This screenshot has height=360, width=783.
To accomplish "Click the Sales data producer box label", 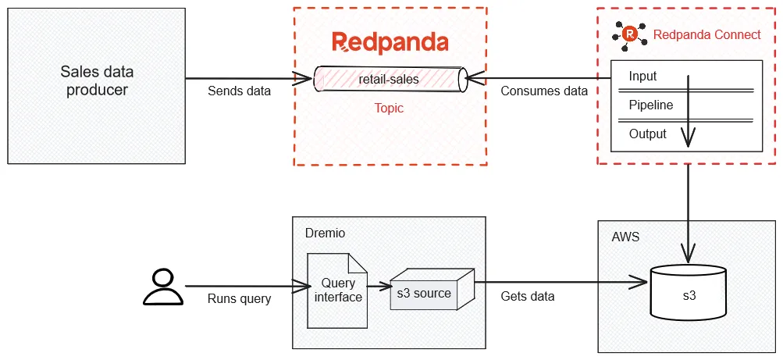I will tap(97, 81).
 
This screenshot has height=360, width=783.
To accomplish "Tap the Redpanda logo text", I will tap(390, 42).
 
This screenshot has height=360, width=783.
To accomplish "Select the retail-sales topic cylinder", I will tap(389, 79).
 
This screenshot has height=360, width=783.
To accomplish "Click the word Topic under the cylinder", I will tap(389, 108).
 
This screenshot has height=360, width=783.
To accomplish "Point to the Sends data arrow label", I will tap(239, 91).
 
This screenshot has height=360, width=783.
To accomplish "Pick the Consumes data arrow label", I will tap(543, 91).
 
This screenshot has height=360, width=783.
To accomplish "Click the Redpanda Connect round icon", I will tap(629, 34).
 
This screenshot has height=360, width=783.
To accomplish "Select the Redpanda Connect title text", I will tap(706, 34).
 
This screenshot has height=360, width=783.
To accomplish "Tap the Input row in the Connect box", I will tap(642, 77).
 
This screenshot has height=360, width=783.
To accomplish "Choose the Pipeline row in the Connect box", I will tap(650, 105).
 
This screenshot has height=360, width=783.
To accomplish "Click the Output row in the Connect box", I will tap(647, 134).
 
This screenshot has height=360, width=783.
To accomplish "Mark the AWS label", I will tap(625, 237).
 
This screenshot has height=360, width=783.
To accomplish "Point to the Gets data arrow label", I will tap(527, 296).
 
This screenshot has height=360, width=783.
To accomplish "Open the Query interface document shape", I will tap(337, 290).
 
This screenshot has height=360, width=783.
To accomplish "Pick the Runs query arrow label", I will tap(239, 298).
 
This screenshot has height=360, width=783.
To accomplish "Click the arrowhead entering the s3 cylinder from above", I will tap(688, 255).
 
